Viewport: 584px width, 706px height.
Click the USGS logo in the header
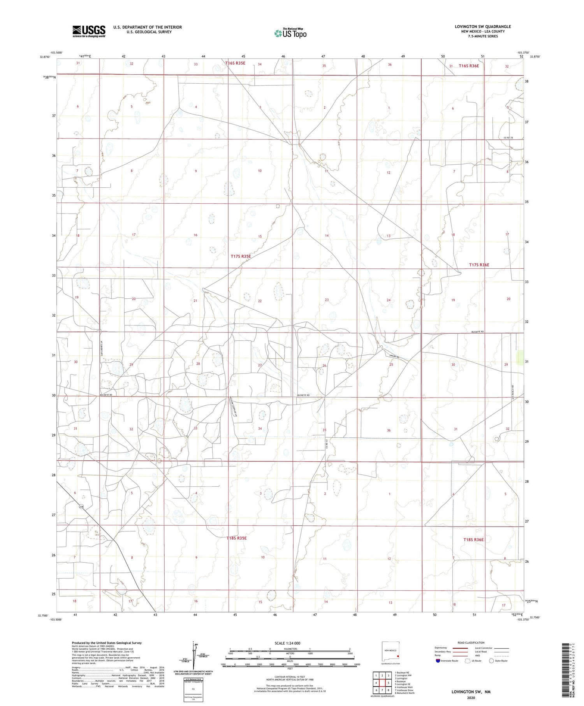tap(89, 31)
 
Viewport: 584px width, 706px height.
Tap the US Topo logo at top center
tap(290, 33)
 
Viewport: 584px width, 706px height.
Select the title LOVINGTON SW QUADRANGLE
tap(483, 26)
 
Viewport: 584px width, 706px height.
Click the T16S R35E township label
tap(235, 63)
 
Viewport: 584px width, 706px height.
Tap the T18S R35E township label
tap(237, 538)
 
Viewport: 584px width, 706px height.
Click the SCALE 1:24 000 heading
tap(290, 643)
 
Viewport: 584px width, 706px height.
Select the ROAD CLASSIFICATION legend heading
tap(471, 643)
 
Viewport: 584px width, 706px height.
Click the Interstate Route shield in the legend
tap(438, 661)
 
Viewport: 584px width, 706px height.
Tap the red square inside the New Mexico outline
tap(397, 656)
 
